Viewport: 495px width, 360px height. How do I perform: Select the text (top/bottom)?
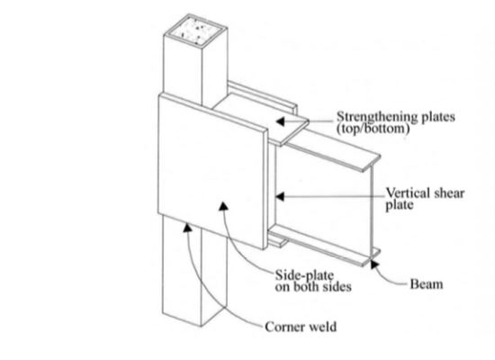coord(373,129)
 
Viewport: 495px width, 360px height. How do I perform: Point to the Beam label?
coord(427,284)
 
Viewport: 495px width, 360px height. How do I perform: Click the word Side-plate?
coord(304,275)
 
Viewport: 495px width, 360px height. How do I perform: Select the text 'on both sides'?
coord(313,287)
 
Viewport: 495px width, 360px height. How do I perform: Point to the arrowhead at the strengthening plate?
coord(280,121)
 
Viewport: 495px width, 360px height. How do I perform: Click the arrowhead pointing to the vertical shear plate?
coord(280,197)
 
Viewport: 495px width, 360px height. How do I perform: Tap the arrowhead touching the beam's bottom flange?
coord(374,264)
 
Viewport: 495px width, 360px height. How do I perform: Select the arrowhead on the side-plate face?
coord(223,206)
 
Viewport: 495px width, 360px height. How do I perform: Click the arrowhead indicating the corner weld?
coord(187,227)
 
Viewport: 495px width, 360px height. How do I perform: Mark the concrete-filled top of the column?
coord(195,31)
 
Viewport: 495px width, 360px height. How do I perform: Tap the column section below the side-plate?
coord(194,272)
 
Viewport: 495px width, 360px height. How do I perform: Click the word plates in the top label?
coord(438,118)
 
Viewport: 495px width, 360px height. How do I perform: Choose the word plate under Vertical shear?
coord(400,205)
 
